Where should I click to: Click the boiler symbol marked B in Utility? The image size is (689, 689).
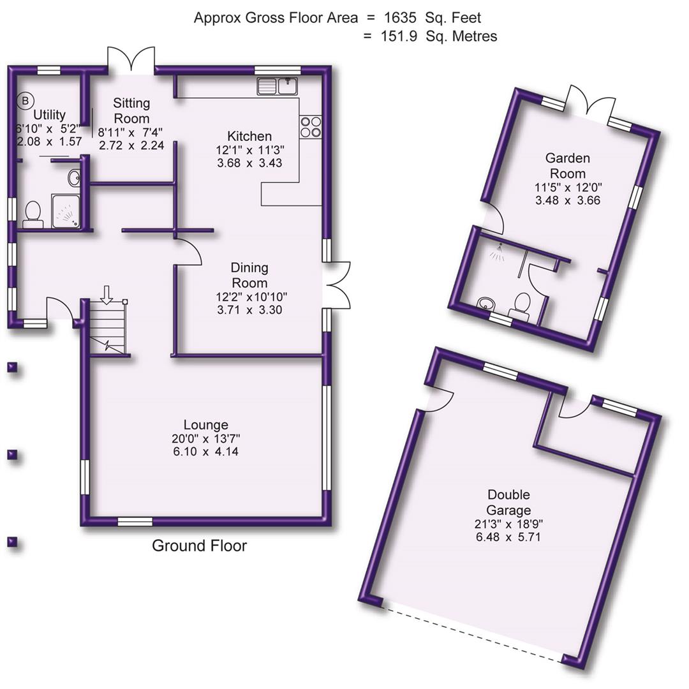[x=26, y=100]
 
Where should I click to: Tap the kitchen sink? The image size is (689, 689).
[x=278, y=85]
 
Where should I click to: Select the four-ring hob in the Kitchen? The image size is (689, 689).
[x=310, y=126]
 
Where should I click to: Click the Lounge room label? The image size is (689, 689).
[x=205, y=425]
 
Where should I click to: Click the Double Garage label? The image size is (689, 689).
[x=508, y=502]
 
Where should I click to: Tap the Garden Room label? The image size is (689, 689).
[x=567, y=165]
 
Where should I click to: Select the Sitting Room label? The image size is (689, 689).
[x=131, y=110]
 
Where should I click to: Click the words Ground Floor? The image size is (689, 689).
[x=199, y=546]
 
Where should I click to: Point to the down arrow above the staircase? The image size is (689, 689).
[x=107, y=294]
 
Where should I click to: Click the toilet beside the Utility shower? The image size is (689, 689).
[x=32, y=214]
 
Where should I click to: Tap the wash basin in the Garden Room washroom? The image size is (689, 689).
[x=487, y=303]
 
